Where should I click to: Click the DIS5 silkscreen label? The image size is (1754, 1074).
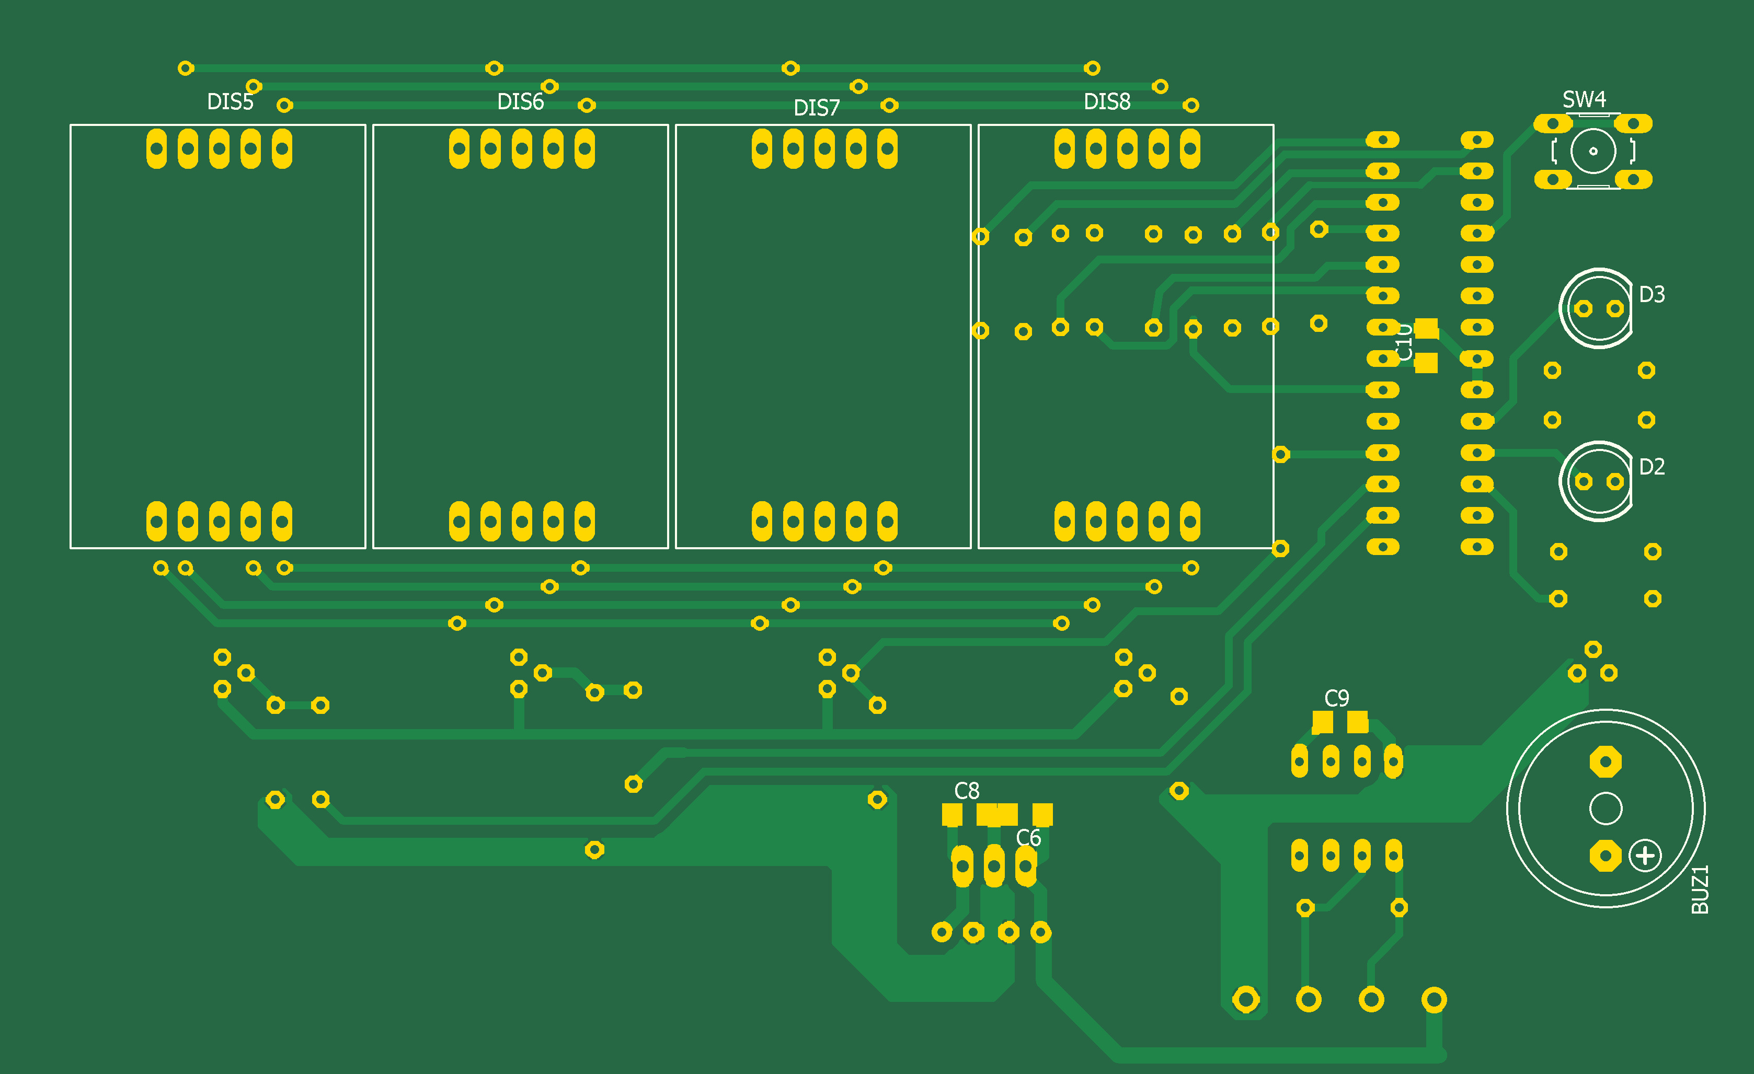230,102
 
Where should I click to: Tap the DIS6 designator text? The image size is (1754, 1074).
520,102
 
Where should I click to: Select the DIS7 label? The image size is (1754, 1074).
817,108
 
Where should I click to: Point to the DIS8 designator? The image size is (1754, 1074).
1107,102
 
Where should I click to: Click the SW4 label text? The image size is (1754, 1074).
1584,99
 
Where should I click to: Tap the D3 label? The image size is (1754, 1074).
1652,294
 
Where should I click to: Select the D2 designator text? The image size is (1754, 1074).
1652,467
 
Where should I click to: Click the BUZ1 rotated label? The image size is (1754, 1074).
1699,889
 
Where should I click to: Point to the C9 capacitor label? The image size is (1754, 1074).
1336,698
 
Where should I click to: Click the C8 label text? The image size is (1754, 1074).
967,791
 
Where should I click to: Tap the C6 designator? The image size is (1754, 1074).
1028,838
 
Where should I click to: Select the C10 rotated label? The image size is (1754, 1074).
1404,342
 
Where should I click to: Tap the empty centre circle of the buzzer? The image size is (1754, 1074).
1605,809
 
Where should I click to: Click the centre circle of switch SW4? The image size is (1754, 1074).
1593,151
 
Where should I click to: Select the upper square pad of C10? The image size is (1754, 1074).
1426,329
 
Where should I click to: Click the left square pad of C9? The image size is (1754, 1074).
1323,722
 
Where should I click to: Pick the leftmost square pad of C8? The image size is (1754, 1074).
951,814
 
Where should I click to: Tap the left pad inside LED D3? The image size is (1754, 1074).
1583,309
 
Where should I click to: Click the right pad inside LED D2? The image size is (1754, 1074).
1615,482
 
